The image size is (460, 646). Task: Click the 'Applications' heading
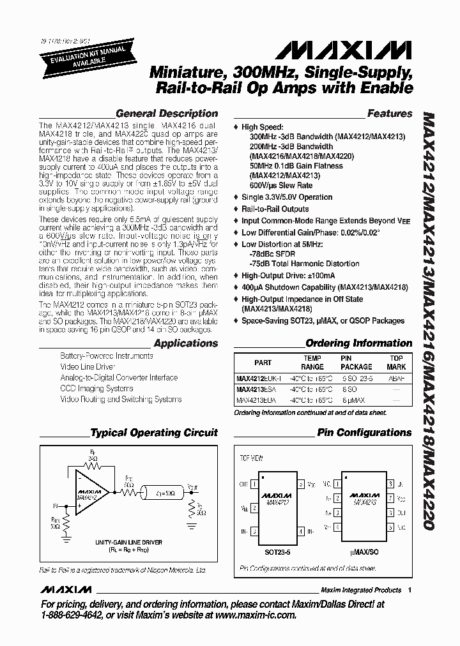[186, 343]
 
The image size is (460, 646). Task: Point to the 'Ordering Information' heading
[358, 343]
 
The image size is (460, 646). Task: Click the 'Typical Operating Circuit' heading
[154, 433]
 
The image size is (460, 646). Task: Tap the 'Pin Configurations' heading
[364, 433]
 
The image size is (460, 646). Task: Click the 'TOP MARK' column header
[396, 363]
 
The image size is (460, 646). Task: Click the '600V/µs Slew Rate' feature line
[277, 185]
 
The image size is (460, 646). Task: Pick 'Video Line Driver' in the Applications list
[88, 366]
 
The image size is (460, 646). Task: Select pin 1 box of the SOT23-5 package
[254, 484]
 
